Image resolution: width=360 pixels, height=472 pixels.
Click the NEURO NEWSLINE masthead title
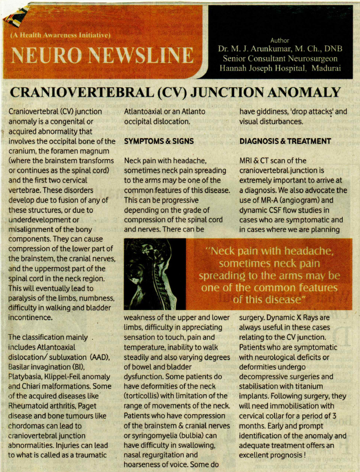click(103, 54)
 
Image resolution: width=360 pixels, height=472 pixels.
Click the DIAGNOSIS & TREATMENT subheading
click(285, 141)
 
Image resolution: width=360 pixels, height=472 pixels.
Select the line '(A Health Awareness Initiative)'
click(60, 36)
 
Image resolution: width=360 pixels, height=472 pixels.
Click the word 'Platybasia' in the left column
click(28, 378)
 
